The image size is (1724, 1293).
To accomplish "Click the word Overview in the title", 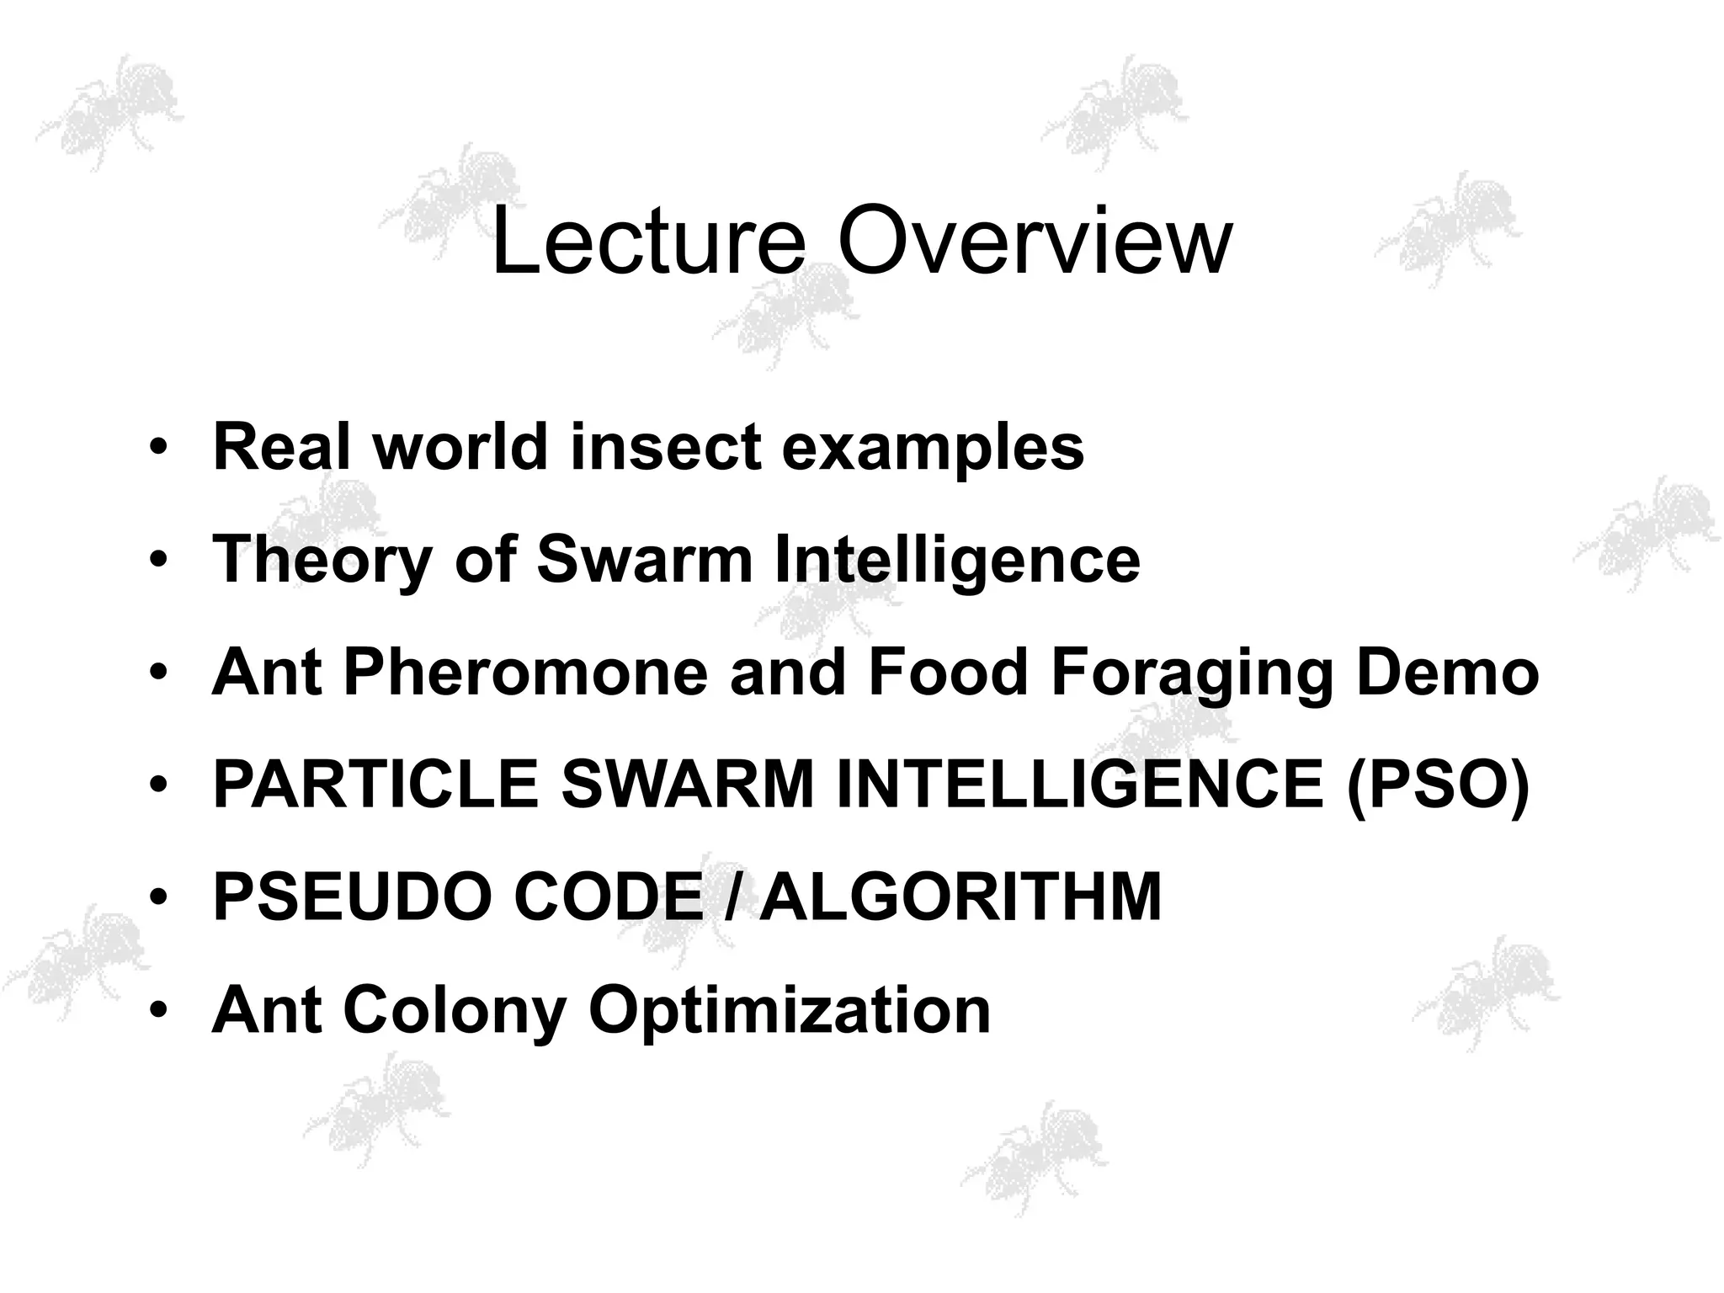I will coord(1034,242).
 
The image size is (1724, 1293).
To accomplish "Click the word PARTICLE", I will coord(375,785).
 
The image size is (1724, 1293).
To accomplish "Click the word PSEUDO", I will coord(353,897).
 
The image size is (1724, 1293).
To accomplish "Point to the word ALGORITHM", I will coord(960,897).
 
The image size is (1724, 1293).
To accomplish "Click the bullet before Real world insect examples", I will coord(157,447).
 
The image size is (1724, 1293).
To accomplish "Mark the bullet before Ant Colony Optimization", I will coord(157,1010).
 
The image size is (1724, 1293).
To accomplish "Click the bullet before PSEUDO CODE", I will coord(157,897).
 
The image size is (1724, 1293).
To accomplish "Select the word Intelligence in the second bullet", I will coord(956,561).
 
